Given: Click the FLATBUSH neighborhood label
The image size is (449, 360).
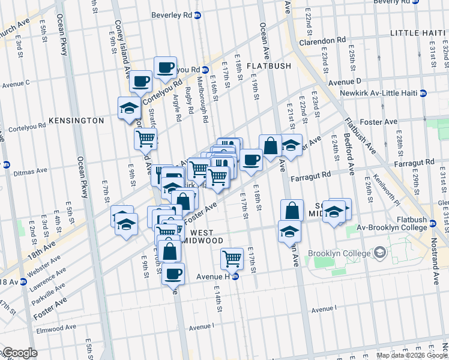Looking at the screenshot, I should pos(268,65).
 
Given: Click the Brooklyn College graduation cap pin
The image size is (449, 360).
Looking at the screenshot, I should pos(379,253).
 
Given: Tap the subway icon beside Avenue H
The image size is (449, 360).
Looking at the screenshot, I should pos(236,277).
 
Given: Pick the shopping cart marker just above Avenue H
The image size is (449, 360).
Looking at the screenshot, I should pos(232,259).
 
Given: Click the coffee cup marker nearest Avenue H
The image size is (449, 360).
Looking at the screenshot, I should pos(173,274).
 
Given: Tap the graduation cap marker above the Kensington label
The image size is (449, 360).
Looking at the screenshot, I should pos(129,108).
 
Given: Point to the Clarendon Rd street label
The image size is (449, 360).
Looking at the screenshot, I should pos(324,41).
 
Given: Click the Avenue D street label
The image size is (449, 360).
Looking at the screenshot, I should pos(344,80).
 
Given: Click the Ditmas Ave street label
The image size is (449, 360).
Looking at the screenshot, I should pos(31,171).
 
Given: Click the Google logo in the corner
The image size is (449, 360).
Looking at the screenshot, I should pos(19,353).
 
